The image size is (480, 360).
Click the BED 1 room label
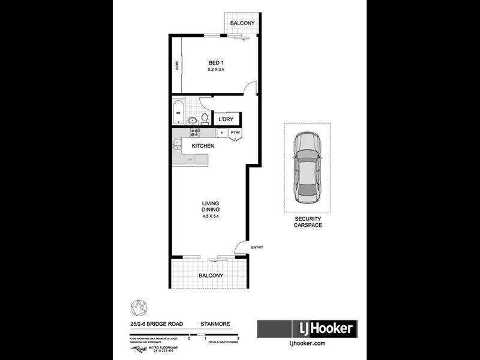216,62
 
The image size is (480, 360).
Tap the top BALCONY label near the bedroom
242,23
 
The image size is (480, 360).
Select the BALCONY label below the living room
211,276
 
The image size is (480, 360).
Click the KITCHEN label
203,146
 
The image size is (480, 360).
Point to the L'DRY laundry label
226,119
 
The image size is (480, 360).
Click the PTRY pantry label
235,133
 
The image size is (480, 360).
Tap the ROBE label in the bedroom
177,65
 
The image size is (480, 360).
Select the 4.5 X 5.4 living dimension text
211,217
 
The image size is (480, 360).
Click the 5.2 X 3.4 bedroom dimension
216,70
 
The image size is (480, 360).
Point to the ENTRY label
257,248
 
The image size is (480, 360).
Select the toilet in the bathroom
205,116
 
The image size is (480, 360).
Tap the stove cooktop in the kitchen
194,133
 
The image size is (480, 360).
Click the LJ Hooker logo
307,329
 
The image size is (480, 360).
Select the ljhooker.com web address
307,343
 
